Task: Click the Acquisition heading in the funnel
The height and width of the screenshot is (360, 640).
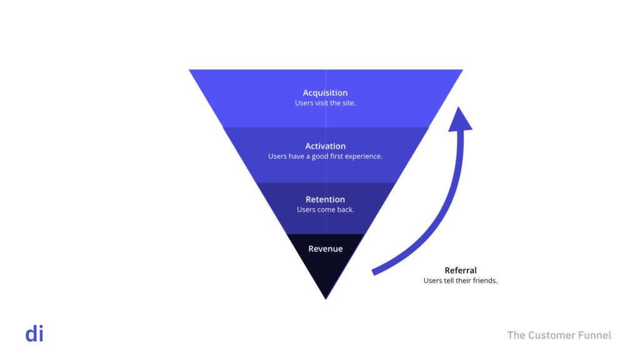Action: (x=325, y=93)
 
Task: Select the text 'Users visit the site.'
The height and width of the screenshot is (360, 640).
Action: (x=325, y=103)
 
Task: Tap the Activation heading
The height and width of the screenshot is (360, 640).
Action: (x=325, y=146)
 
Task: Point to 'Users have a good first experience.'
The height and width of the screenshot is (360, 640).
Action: (x=325, y=156)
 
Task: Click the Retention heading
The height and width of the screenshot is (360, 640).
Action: (x=325, y=199)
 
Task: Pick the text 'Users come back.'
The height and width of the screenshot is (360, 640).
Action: (x=325, y=209)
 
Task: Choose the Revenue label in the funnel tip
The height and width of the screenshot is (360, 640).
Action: (x=325, y=249)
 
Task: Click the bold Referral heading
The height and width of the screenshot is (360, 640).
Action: (x=461, y=271)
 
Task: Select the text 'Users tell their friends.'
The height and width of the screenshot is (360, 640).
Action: (x=461, y=281)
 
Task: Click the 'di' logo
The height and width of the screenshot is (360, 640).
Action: (x=34, y=334)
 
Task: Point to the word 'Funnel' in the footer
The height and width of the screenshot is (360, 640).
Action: (x=594, y=336)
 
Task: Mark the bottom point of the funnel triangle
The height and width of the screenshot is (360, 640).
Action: (x=326, y=298)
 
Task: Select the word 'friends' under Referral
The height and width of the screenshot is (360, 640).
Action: (x=486, y=281)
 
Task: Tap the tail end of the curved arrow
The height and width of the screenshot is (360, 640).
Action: (x=374, y=272)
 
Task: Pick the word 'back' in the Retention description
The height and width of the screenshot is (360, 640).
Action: (x=345, y=209)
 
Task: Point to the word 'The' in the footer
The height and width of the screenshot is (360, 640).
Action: (x=516, y=336)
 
